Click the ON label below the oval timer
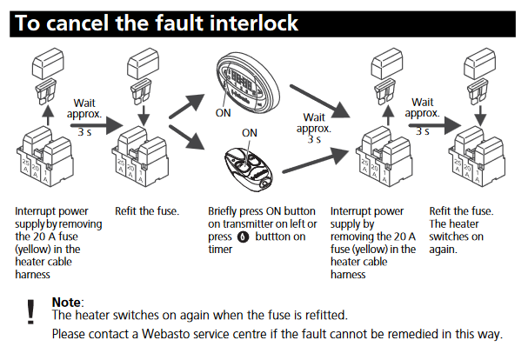pyautogui.click(x=224, y=112)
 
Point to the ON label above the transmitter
pyautogui.click(x=251, y=132)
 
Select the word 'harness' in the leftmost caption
pyautogui.click(x=34, y=275)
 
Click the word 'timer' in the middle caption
pyautogui.click(x=222, y=250)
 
